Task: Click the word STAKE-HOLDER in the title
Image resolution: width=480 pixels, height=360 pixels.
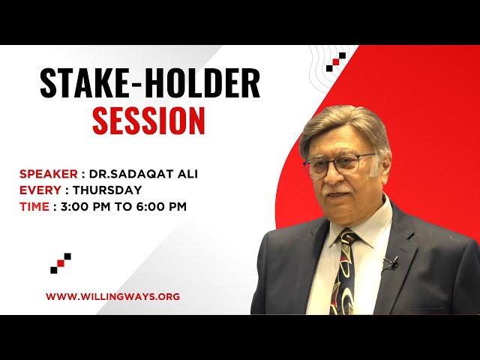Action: (149, 84)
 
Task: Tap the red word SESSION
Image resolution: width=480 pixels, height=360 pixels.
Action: (148, 121)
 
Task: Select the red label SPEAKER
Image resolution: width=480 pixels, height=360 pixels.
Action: (48, 174)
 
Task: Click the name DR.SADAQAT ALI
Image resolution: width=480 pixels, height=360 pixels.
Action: (143, 174)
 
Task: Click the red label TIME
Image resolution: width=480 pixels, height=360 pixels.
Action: (34, 206)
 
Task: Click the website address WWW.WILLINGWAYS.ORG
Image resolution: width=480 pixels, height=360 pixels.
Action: (112, 296)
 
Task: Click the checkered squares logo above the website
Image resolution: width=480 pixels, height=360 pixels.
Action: (61, 262)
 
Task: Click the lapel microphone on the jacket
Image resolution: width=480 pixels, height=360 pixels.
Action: (391, 262)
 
